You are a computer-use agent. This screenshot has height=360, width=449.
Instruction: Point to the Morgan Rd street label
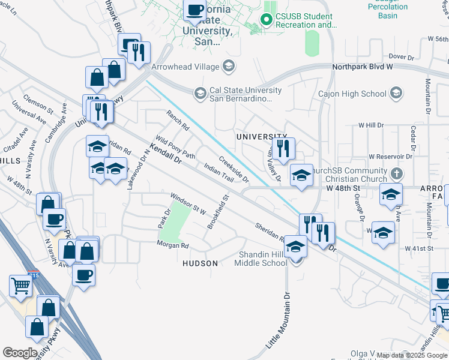[173, 245]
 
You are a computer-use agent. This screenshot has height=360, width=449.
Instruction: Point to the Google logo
[20, 353]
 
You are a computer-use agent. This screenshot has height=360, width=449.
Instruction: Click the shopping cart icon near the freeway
[20, 285]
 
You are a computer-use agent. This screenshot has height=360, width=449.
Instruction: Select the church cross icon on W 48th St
[396, 174]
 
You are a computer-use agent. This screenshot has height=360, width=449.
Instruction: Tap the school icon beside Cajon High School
[396, 93]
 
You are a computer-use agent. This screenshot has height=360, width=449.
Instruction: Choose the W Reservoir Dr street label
[390, 156]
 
